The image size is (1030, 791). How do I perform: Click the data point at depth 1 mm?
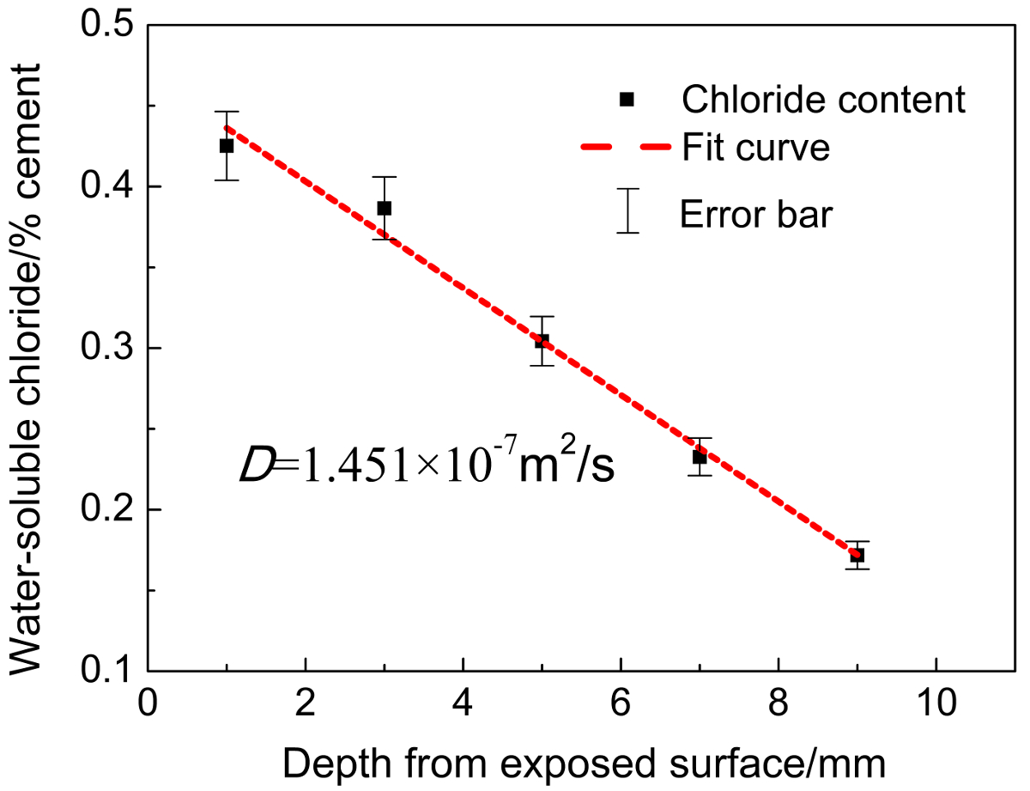(227, 146)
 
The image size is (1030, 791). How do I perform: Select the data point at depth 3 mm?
(385, 208)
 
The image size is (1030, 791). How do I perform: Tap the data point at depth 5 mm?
(542, 341)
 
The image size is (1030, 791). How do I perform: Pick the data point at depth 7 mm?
(700, 457)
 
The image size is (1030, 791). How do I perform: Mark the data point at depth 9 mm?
(857, 556)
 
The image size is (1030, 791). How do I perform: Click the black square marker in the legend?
(627, 100)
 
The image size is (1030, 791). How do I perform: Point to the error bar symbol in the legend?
(629, 210)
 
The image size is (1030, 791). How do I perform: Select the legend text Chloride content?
(823, 101)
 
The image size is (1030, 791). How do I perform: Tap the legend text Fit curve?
(755, 148)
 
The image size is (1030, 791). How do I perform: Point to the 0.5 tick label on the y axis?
(108, 25)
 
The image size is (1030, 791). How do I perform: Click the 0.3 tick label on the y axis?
(108, 348)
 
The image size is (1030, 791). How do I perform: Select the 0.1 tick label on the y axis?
(108, 671)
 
